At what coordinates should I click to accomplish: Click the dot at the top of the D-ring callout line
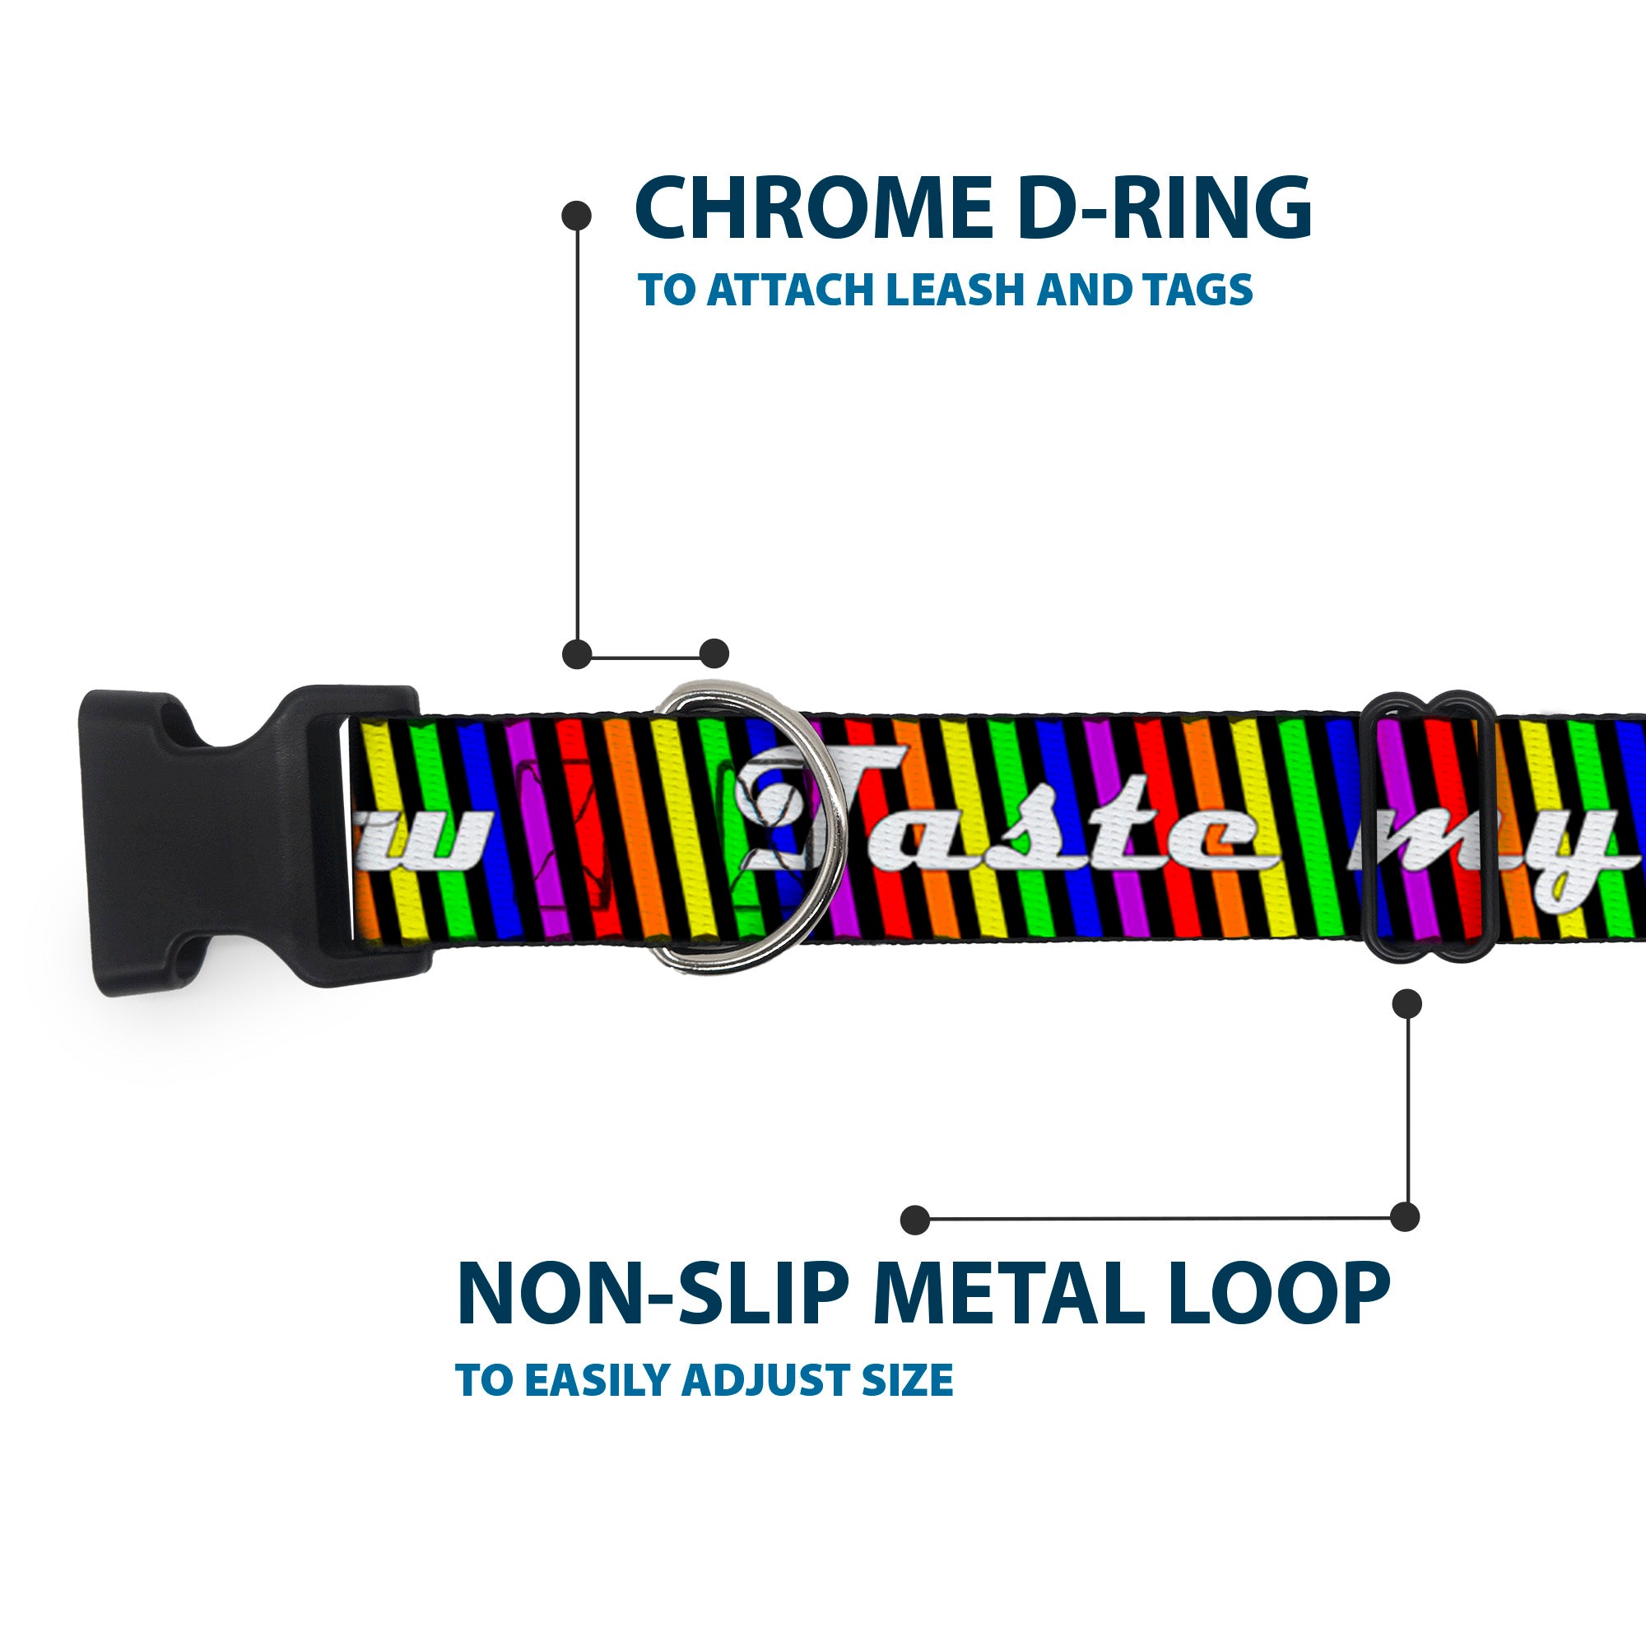pos(577,216)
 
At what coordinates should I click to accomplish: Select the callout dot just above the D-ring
pos(714,653)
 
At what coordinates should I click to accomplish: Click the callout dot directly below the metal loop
pos(1407,1004)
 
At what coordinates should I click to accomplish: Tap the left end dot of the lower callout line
pos(915,1219)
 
